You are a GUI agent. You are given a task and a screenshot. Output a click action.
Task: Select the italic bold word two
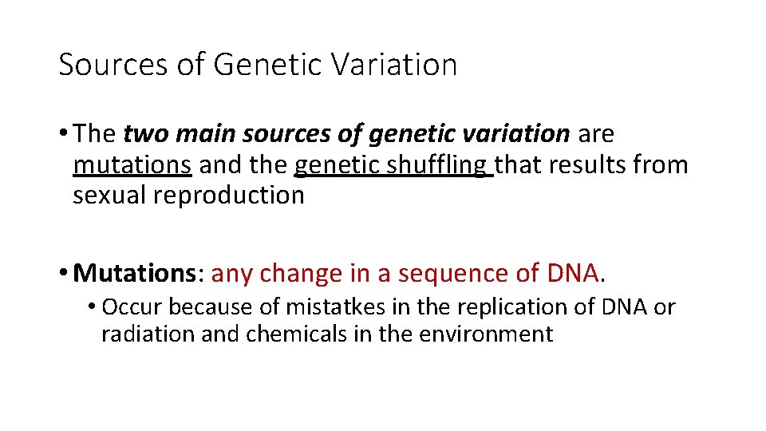click(x=141, y=135)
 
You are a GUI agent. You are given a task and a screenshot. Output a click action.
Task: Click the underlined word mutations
click(x=132, y=165)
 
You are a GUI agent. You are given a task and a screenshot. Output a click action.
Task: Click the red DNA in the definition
click(x=572, y=273)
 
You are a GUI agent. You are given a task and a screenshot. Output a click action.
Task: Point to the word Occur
click(x=132, y=307)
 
